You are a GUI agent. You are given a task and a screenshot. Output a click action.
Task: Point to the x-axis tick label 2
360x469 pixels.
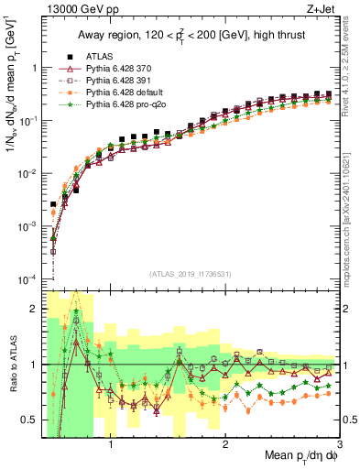[226, 445]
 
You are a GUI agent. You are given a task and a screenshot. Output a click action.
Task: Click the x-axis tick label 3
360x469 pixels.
[340, 445]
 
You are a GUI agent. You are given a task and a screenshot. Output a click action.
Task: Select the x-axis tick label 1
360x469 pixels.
[111, 445]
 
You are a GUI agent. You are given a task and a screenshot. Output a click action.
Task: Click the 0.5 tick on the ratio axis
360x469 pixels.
[29, 422]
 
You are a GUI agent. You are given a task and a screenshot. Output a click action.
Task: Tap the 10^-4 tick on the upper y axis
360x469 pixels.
[27, 279]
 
